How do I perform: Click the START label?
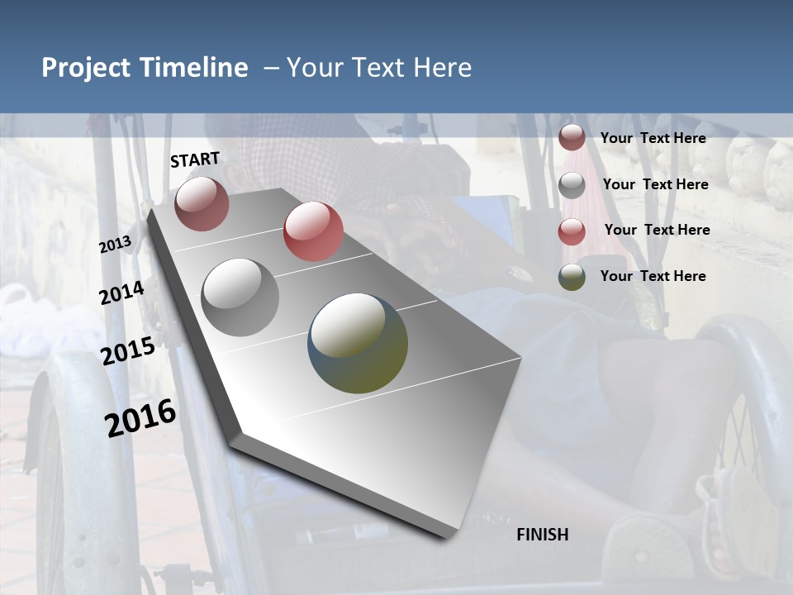pyautogui.click(x=195, y=159)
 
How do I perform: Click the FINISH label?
pyautogui.click(x=542, y=535)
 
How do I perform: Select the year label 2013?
pyautogui.click(x=116, y=244)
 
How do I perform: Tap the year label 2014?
pyautogui.click(x=122, y=293)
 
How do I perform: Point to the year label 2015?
pyautogui.click(x=128, y=350)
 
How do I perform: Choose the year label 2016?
pyautogui.click(x=140, y=417)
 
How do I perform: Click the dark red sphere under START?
pyautogui.click(x=202, y=203)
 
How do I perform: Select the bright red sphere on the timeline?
pyautogui.click(x=313, y=231)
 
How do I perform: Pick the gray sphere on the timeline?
pyautogui.click(x=240, y=297)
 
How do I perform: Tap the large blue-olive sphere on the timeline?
pyautogui.click(x=358, y=343)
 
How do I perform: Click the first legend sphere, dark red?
pyautogui.click(x=572, y=138)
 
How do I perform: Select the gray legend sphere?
pyautogui.click(x=572, y=185)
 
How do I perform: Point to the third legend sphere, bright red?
pyautogui.click(x=572, y=231)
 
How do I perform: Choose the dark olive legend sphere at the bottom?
pyautogui.click(x=572, y=277)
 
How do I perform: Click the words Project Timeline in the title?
pyautogui.click(x=145, y=68)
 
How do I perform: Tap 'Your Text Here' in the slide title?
pyautogui.click(x=378, y=68)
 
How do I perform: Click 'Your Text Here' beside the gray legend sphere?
pyautogui.click(x=655, y=184)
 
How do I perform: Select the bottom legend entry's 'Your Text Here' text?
pyautogui.click(x=653, y=276)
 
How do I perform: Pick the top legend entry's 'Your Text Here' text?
pyautogui.click(x=653, y=138)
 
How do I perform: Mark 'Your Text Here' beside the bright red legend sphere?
pyautogui.click(x=657, y=230)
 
